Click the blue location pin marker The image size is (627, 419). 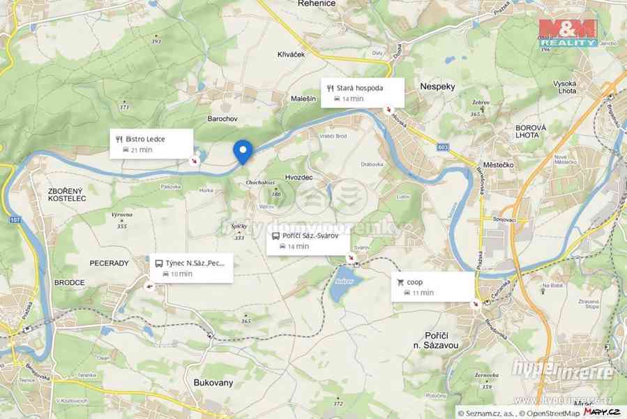pos(242,151)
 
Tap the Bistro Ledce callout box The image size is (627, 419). pos(151,144)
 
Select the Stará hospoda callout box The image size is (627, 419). pos(363,93)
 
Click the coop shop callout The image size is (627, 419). pos(432,286)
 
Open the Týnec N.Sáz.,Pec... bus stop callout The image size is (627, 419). pos(192,268)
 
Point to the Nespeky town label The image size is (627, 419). pos(438,87)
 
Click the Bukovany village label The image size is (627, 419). pos(213,383)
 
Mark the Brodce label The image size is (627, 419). pos(69,283)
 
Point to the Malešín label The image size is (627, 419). pos(304,99)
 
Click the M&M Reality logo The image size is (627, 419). pos(568,32)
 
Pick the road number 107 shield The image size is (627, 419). pos(15,221)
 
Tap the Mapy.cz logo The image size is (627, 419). pos(599,412)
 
